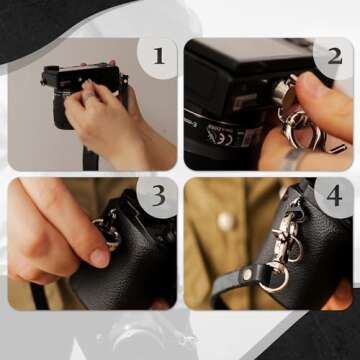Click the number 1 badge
click(157, 55)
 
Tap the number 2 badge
click(333, 55)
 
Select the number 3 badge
click(157, 196)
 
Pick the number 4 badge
click(333, 196)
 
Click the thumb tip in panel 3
click(97, 257)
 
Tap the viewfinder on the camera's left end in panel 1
click(49, 77)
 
